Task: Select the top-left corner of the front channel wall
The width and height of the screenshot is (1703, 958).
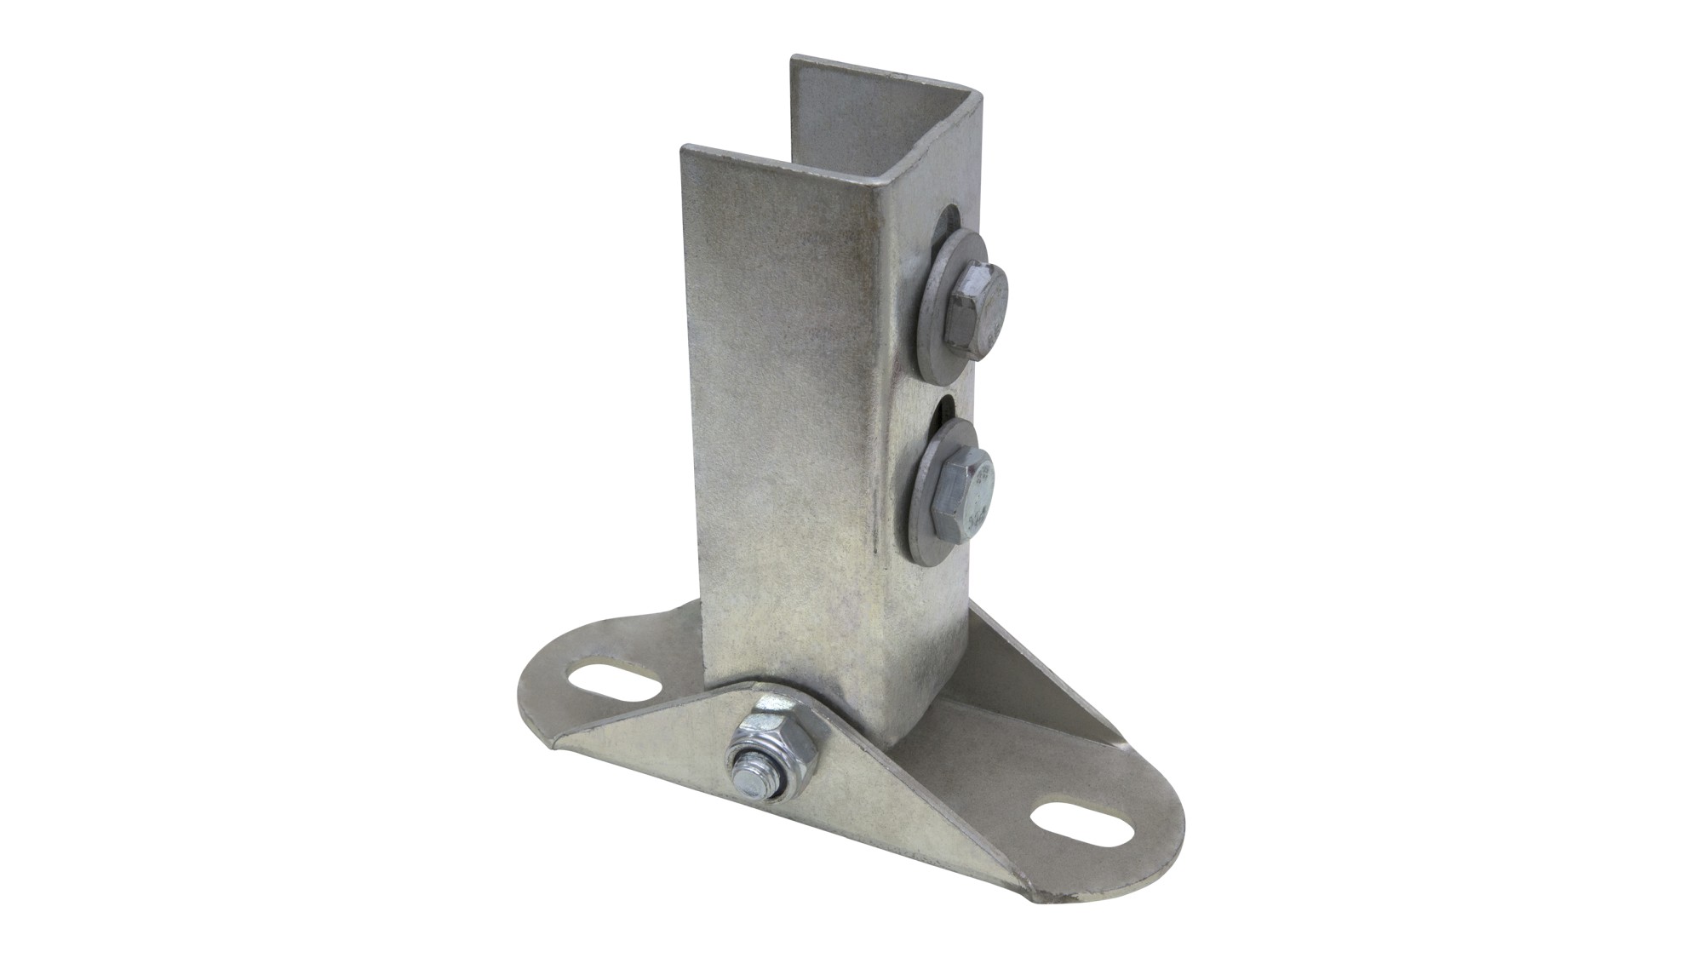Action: [683, 150]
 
